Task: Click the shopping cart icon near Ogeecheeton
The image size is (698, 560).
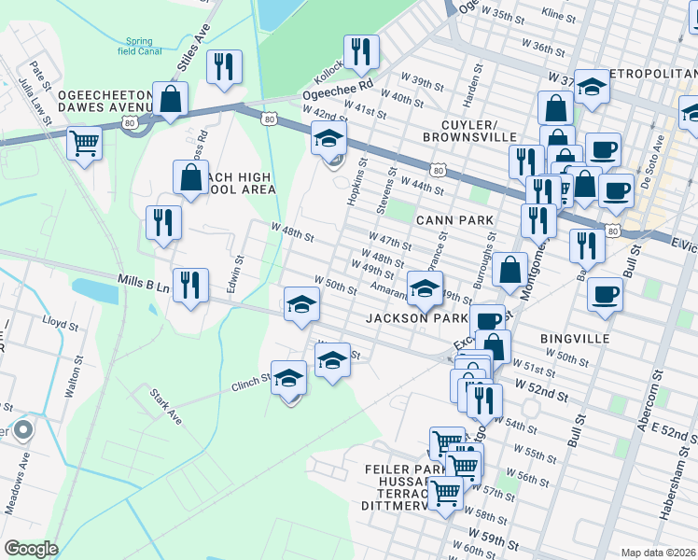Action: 84,144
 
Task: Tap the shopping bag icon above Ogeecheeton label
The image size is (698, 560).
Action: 171,98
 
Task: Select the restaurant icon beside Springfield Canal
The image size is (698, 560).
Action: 224,66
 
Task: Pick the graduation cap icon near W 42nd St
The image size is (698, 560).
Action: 328,139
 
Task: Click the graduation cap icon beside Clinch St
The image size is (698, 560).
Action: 289,378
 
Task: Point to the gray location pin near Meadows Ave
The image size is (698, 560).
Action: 23,430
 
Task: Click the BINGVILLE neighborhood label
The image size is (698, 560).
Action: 574,338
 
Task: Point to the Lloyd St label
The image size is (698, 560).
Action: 62,323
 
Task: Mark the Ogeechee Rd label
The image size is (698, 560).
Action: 338,90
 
